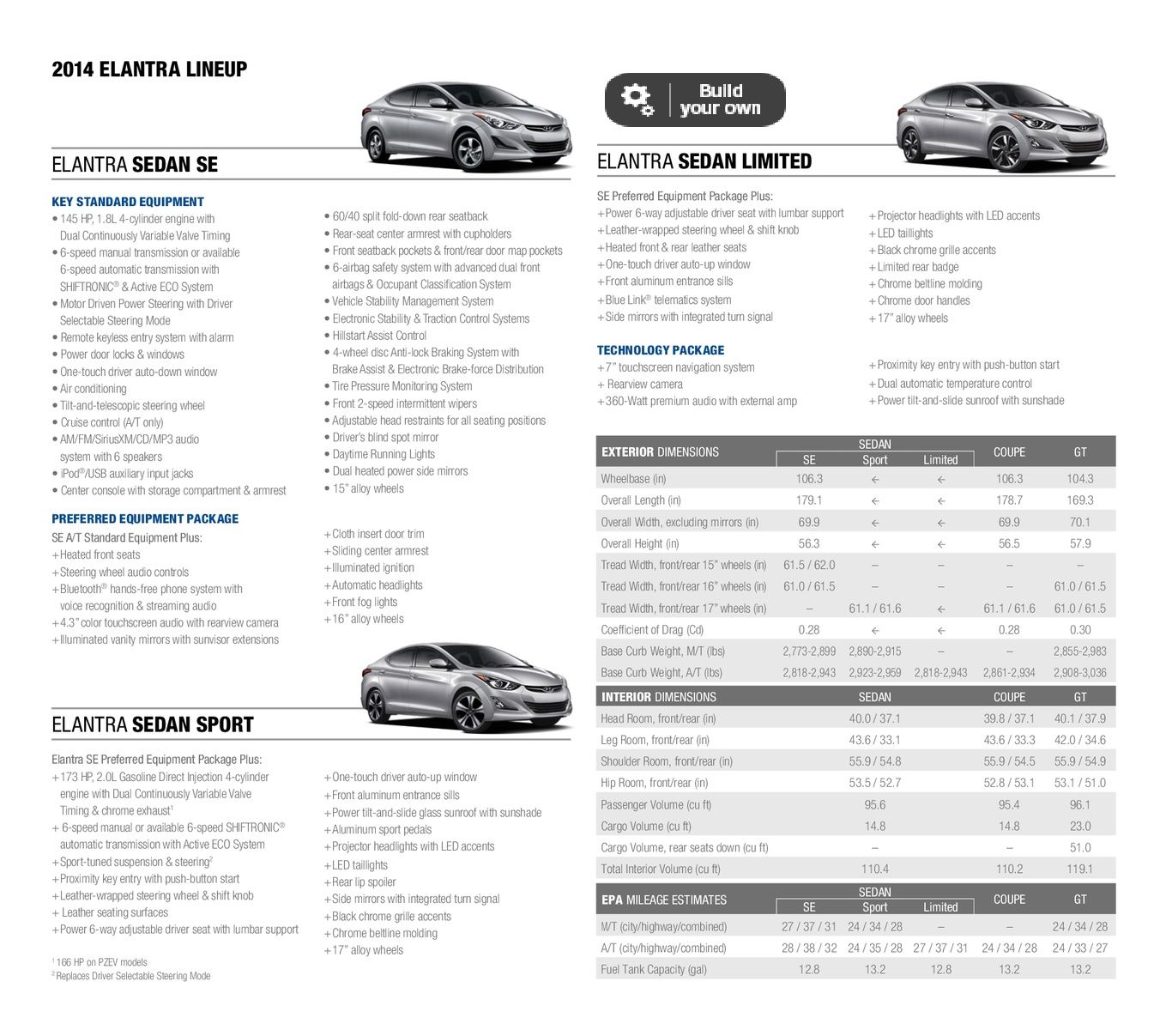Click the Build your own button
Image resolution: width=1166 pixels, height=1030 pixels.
[695, 100]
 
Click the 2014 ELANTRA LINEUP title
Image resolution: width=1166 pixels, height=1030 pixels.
[149, 70]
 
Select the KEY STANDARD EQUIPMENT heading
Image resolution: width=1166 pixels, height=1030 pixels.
[128, 202]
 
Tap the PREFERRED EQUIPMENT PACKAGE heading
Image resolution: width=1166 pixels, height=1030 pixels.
[145, 518]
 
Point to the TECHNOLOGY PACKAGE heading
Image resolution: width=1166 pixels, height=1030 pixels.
[661, 350]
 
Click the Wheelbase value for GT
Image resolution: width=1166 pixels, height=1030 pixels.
[1079, 479]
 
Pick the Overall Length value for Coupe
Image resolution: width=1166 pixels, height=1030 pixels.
[1009, 500]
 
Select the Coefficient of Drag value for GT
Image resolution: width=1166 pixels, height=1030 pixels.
[1079, 630]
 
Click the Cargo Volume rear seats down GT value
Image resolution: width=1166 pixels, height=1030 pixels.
[1079, 847]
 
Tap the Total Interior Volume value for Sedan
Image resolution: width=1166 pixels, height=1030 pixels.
[874, 869]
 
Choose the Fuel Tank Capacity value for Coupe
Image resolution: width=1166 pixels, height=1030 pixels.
[1009, 969]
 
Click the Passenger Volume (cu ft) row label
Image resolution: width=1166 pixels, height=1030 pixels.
[656, 805]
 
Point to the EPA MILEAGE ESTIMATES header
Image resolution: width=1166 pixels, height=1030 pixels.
[664, 900]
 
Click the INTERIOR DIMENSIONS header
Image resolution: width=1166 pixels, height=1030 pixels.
[659, 697]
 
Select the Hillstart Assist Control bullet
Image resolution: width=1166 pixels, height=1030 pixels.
[379, 336]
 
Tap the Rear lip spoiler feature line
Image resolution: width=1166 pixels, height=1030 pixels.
[364, 882]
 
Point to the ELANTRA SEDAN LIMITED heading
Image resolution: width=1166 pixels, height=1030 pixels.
[704, 161]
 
